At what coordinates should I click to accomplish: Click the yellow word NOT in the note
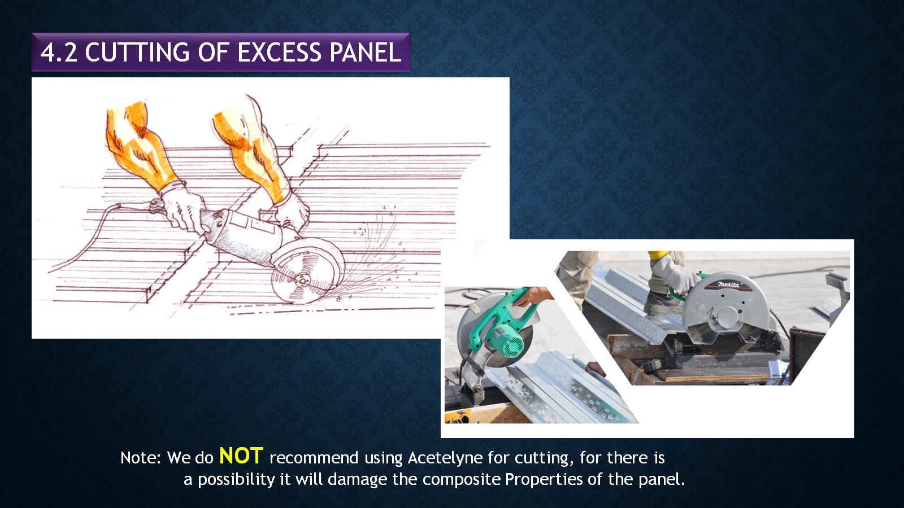[x=241, y=456]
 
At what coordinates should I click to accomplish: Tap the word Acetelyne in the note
[x=445, y=458]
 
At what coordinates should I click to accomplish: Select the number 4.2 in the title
[x=59, y=53]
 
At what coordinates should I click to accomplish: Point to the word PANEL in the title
[x=365, y=52]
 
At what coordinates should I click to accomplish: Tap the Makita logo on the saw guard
[x=728, y=284]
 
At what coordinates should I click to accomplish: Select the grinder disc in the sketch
[x=307, y=270]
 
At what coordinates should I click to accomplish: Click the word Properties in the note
[x=544, y=479]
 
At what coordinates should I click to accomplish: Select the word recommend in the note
[x=314, y=458]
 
